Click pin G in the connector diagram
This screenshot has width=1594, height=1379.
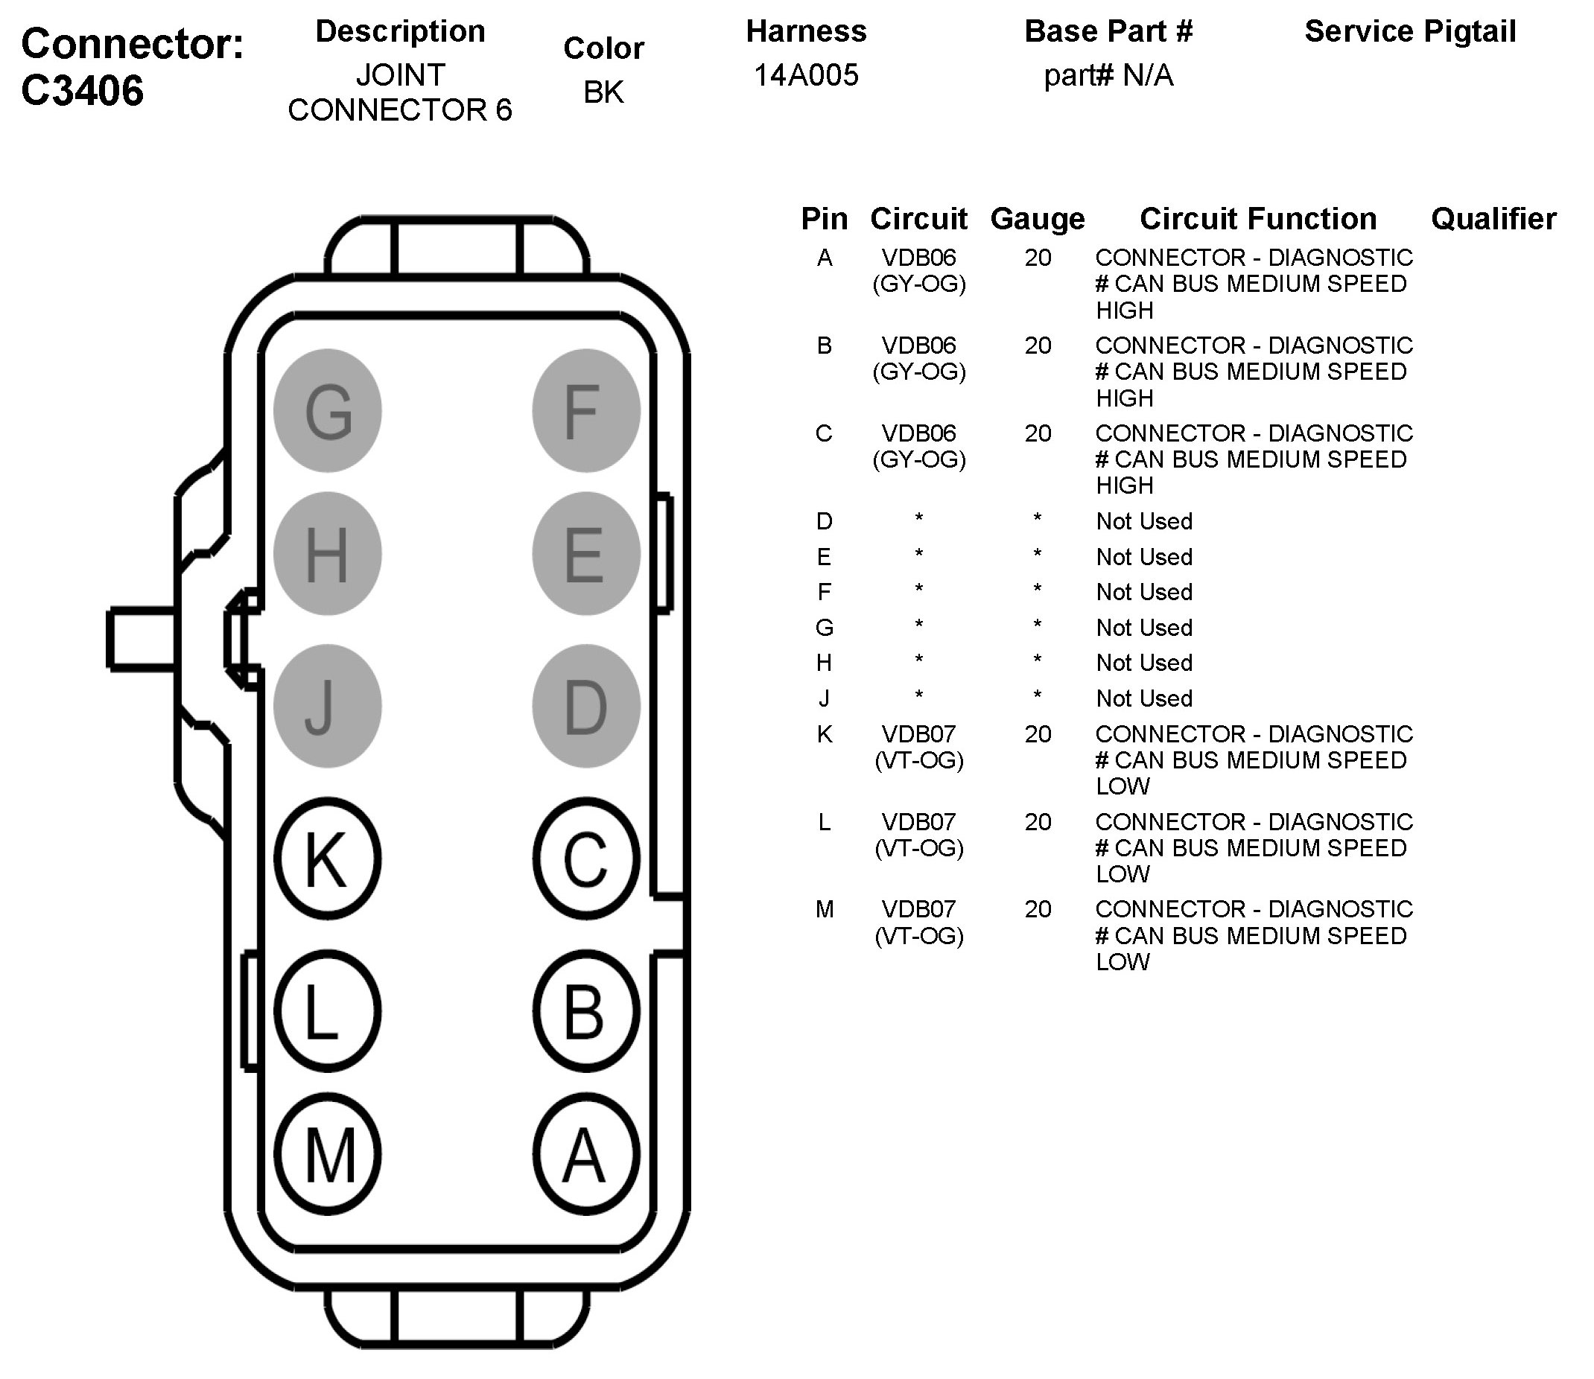328,411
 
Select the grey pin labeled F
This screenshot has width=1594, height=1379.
585,411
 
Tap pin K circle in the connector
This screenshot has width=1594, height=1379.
328,859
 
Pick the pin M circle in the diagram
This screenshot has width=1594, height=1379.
328,1155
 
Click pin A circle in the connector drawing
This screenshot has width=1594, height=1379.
585,1155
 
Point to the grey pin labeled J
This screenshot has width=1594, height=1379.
328,706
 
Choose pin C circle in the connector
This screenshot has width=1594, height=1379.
585,859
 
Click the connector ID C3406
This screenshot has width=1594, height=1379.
83,91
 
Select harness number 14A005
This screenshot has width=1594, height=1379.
806,75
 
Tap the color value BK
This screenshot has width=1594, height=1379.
603,92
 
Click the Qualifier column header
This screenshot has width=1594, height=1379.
1493,220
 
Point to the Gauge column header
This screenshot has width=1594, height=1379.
1038,220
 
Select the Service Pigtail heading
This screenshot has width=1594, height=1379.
1410,31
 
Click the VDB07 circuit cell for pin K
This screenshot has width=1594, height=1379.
919,746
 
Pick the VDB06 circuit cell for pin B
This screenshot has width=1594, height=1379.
919,358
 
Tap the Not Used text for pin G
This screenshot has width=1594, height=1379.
1145,628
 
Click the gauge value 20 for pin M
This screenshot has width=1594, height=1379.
1038,910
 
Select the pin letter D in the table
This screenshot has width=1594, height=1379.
825,522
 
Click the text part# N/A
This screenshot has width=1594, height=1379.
1108,75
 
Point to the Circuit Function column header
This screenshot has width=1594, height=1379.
1257,220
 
